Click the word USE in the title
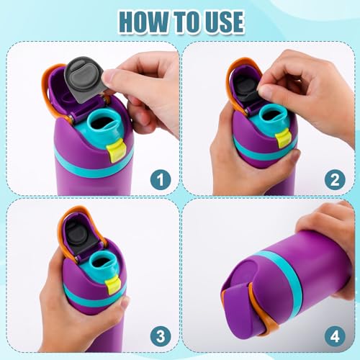(221, 21)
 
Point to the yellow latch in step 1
(115, 150)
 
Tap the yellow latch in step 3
(112, 286)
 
